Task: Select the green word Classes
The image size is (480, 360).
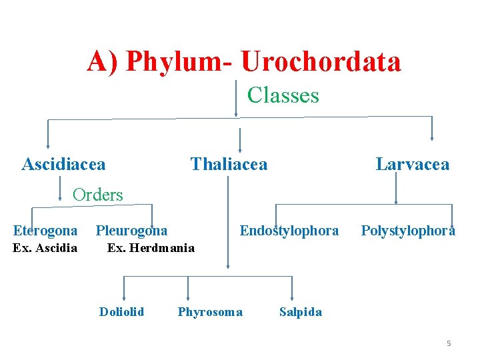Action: coord(283,95)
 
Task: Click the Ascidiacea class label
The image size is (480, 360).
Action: coord(63,164)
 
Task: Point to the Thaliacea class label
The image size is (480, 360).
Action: coord(229,164)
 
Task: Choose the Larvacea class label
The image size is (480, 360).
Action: coord(412,164)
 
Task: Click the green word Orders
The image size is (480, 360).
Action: coord(97,195)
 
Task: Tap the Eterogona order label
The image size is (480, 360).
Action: coord(45,231)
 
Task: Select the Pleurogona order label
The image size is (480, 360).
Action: coord(131,231)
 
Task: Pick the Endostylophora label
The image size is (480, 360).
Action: coord(289,231)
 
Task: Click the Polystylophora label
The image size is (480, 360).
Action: coord(408,231)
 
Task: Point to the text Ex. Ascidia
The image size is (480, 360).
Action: coord(45,248)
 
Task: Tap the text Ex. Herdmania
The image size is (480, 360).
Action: coord(151,248)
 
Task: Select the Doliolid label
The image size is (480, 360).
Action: coord(121,311)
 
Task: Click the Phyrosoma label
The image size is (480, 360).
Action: coord(210,312)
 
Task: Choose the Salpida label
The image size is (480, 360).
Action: coord(300,312)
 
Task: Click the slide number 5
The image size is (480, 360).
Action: coord(449,343)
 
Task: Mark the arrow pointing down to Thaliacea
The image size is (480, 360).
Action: coord(240,141)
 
